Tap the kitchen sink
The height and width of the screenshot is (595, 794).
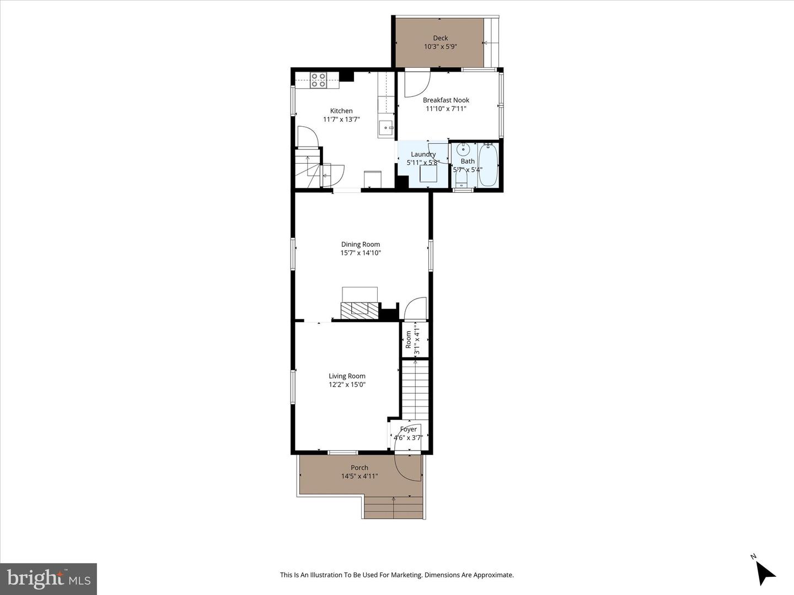[387, 128]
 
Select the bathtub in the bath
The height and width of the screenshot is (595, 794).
[489, 165]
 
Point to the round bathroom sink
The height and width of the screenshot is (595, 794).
[463, 149]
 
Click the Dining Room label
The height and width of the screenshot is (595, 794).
[360, 245]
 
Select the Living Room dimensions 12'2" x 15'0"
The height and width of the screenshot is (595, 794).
[347, 385]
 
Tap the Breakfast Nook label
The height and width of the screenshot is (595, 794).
[446, 100]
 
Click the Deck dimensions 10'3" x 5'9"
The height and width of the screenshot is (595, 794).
[441, 47]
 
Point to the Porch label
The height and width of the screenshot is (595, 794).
[359, 468]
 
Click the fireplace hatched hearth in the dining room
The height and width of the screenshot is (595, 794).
[360, 311]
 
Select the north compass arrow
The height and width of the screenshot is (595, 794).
[765, 573]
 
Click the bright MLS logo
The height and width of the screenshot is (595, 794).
[49, 578]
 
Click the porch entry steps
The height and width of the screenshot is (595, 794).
[393, 507]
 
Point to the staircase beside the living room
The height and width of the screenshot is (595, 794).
[415, 390]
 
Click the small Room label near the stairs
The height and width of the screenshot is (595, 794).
[409, 339]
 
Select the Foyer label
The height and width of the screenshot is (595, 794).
[409, 429]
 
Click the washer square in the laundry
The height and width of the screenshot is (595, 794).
[428, 174]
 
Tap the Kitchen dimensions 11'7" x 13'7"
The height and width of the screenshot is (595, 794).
[341, 120]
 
